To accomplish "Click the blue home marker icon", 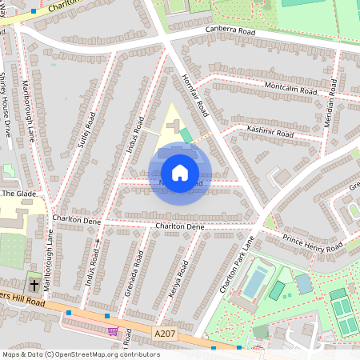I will coord(179,172).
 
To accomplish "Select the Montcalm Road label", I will coord(292,88).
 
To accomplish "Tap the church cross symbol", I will coord(34,285).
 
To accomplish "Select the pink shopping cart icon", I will coord(114,330).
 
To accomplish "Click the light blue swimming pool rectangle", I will coord(254,282).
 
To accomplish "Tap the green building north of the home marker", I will coord(186,135).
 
